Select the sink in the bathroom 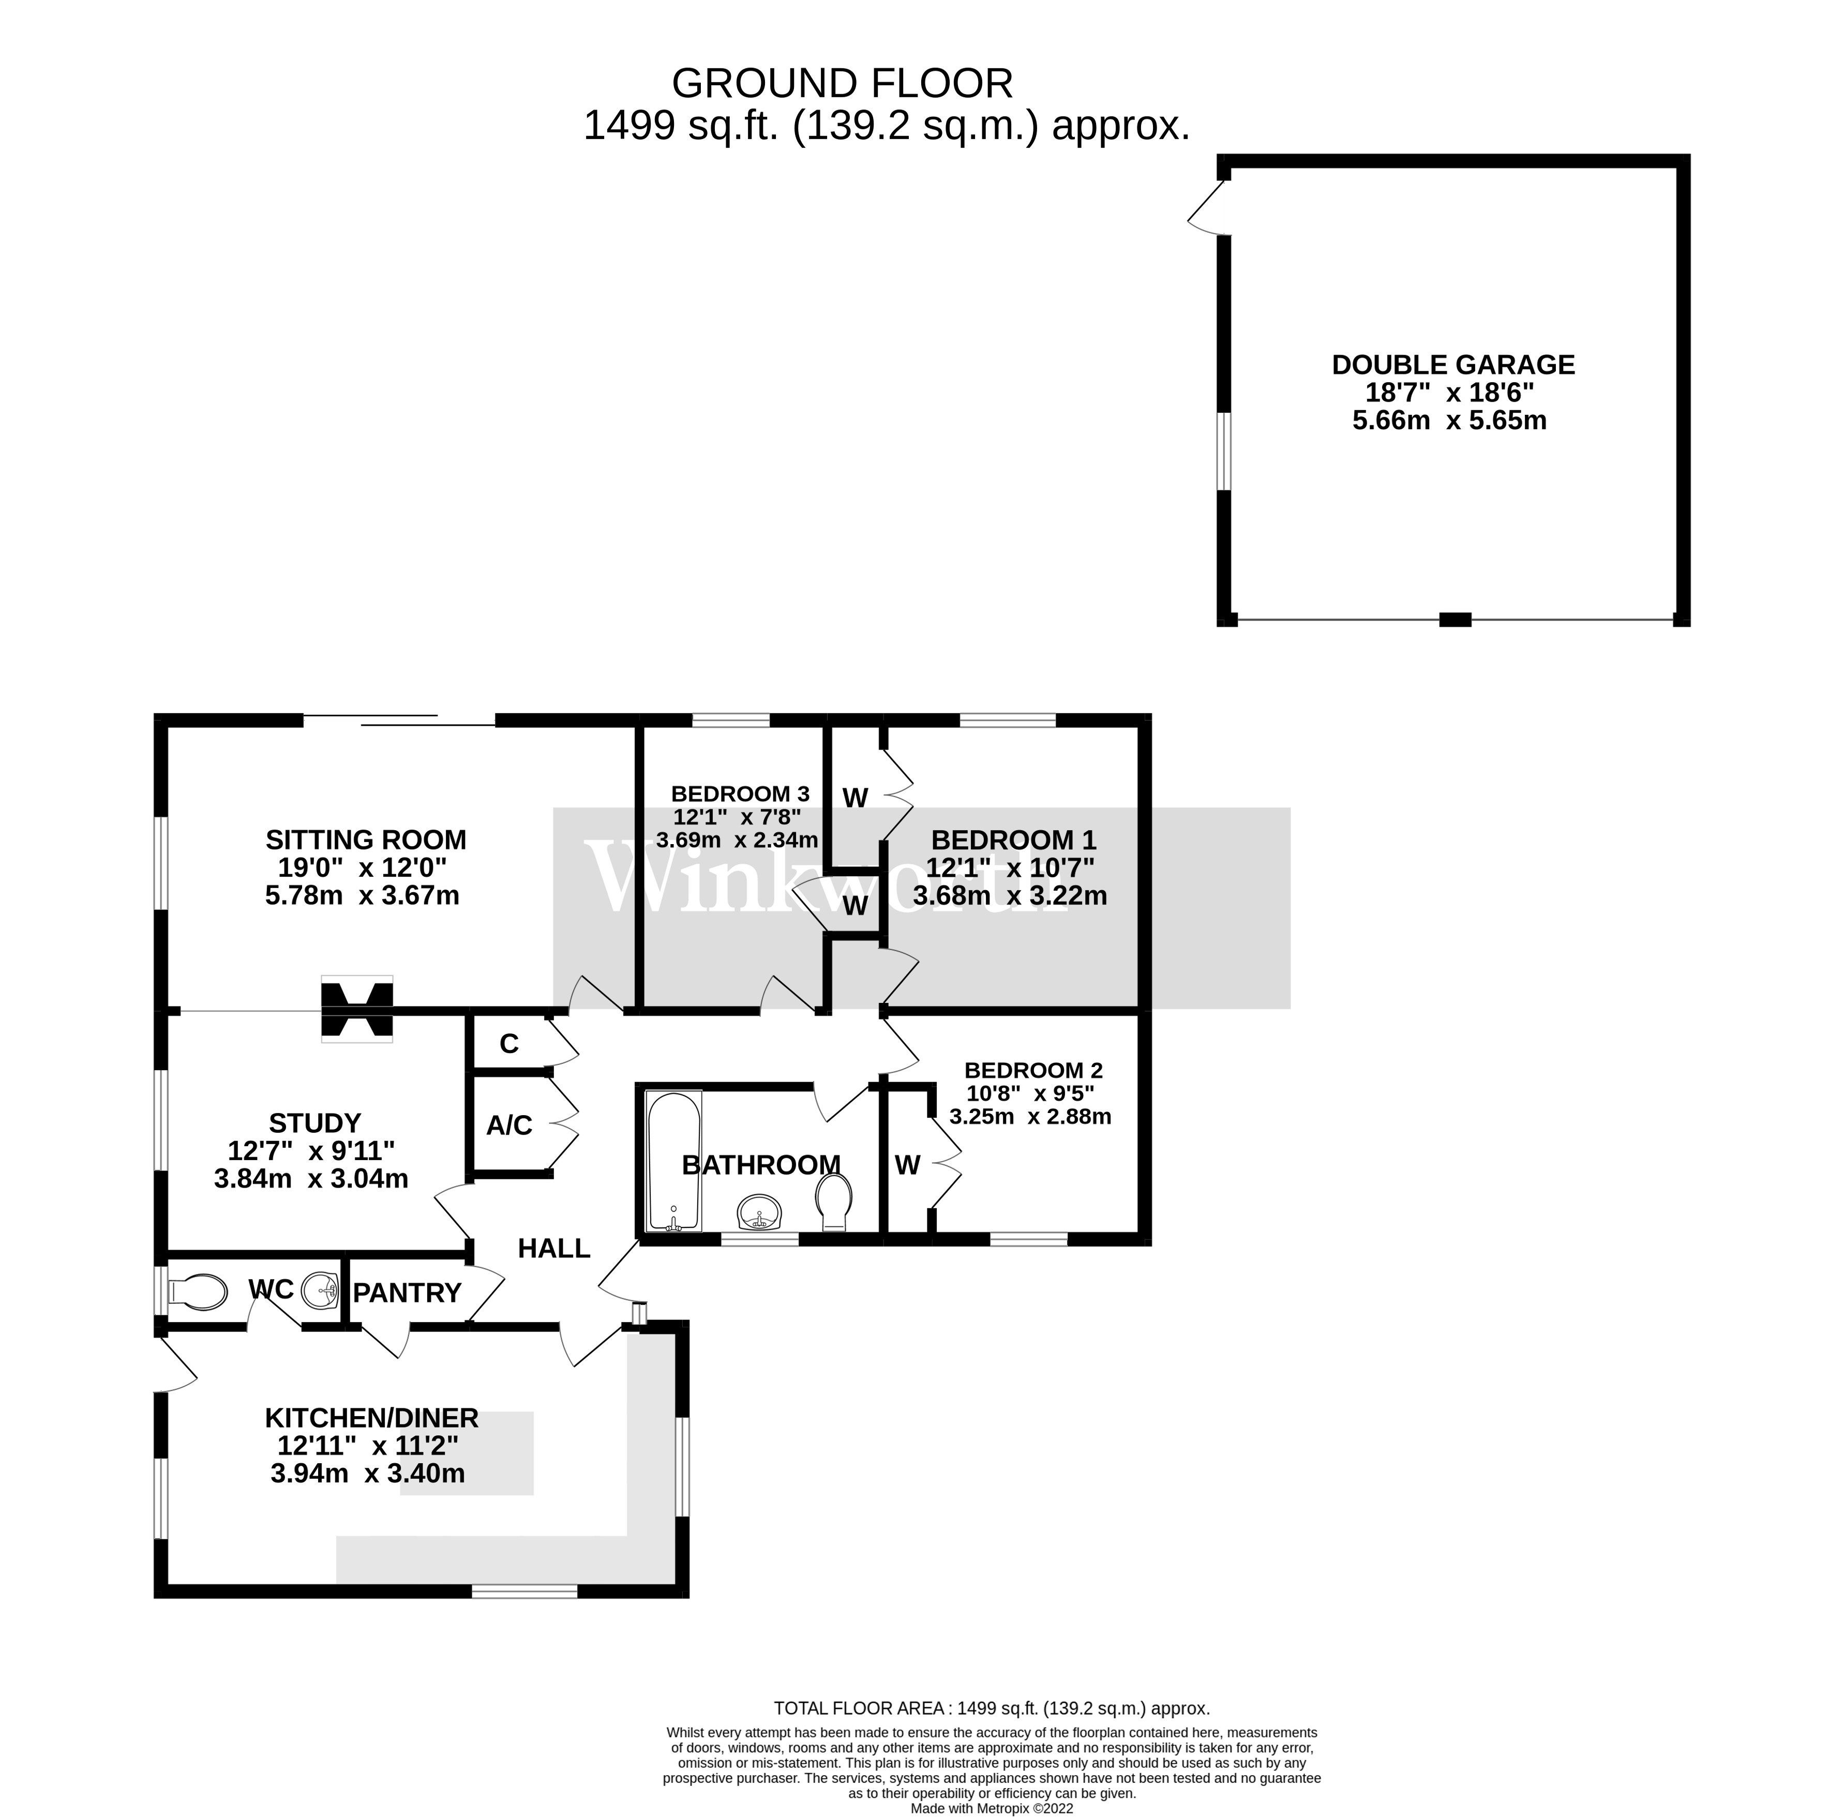761,1212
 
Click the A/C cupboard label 509,1126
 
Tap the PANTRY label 408,1293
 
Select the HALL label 553,1248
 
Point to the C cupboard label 509,1044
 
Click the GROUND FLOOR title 842,84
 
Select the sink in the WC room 320,1291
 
